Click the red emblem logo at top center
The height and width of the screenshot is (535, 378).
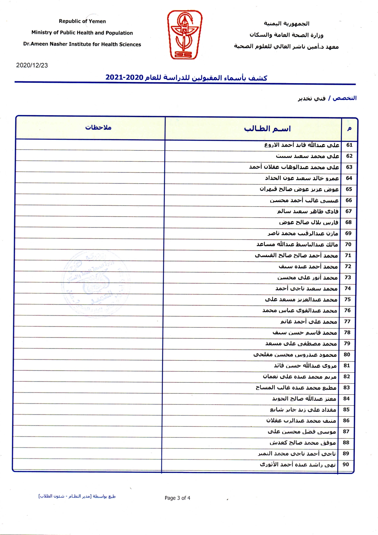coord(184,35)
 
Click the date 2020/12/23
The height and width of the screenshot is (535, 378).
coord(32,65)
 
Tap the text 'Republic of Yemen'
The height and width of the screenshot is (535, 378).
coord(82,21)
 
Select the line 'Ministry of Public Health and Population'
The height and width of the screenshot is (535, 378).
coord(82,33)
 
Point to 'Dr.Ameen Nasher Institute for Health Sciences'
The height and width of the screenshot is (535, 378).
coord(82,44)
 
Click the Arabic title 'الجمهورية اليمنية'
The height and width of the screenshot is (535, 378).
coord(286,24)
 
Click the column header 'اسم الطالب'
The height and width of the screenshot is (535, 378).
coord(267,129)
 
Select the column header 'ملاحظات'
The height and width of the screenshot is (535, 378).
coord(98,127)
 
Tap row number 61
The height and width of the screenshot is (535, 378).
coord(349,145)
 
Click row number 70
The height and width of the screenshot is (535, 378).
coord(348,244)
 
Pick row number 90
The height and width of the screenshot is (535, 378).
coord(346,464)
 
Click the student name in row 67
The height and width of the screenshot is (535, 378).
coord(307,211)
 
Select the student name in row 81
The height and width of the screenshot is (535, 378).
coord(305,365)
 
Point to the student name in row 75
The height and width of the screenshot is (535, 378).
coord(301,299)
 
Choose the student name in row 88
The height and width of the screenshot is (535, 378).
coord(302,442)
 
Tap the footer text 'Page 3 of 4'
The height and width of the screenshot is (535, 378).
coord(177,498)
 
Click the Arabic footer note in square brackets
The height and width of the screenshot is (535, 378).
coord(77,496)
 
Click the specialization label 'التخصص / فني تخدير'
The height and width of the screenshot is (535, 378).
coord(327,98)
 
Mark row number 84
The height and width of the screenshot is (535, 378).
coord(346,398)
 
